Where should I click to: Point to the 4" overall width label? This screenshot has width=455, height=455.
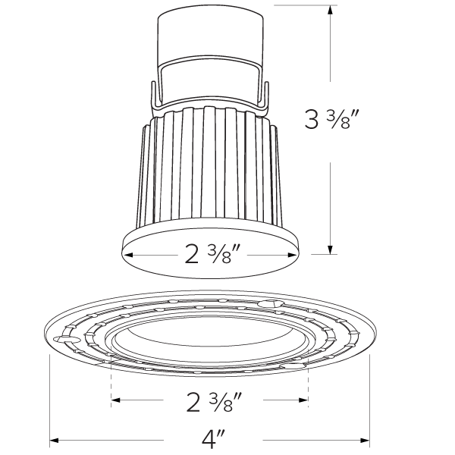click(x=210, y=439)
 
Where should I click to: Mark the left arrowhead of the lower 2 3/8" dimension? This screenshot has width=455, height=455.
click(x=116, y=400)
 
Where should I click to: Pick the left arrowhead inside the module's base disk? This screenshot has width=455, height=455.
click(x=128, y=254)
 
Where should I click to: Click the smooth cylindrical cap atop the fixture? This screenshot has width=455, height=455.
click(x=210, y=34)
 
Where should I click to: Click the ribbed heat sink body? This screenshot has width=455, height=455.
click(x=209, y=167)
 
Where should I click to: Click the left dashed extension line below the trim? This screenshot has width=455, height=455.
click(x=111, y=383)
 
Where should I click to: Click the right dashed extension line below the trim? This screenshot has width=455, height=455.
click(x=309, y=383)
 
